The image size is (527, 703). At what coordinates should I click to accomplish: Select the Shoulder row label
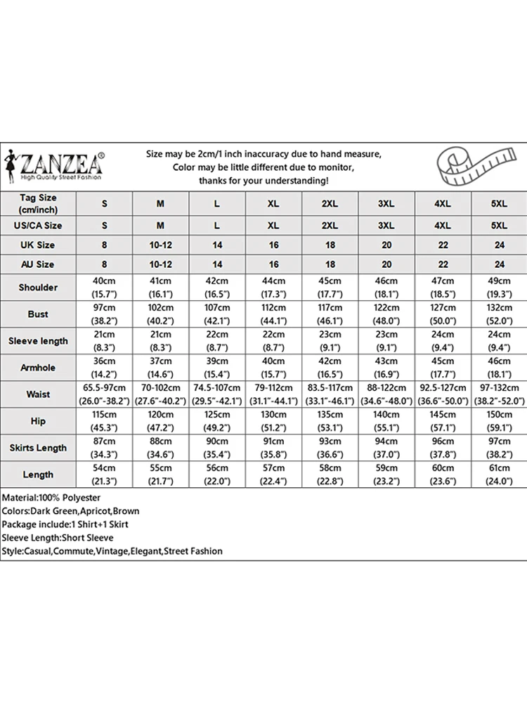coord(38,288)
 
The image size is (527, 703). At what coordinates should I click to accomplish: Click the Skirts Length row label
coord(38,448)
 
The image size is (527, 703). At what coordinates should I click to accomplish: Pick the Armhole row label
coord(38,368)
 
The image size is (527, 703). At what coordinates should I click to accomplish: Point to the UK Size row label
coord(38,245)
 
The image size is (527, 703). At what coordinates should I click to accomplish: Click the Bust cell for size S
coord(105,314)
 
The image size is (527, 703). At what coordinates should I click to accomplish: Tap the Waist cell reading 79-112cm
coord(273,394)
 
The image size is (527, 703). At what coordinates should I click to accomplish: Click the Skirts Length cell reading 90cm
coord(217,448)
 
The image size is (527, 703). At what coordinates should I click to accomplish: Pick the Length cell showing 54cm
coord(105,475)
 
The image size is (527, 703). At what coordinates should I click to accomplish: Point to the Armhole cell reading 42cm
coord(330,368)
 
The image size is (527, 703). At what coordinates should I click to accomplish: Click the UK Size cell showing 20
coord(386,245)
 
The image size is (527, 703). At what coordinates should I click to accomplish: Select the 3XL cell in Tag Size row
coord(386,203)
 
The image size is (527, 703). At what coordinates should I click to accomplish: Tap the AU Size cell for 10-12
coord(160,264)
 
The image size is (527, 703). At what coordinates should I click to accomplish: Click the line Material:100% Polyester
coord(51,498)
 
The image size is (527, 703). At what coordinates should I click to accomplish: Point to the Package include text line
coord(65,524)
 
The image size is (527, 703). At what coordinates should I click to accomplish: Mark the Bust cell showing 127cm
coord(442,314)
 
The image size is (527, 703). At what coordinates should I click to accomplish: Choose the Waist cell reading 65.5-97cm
coord(105,394)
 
